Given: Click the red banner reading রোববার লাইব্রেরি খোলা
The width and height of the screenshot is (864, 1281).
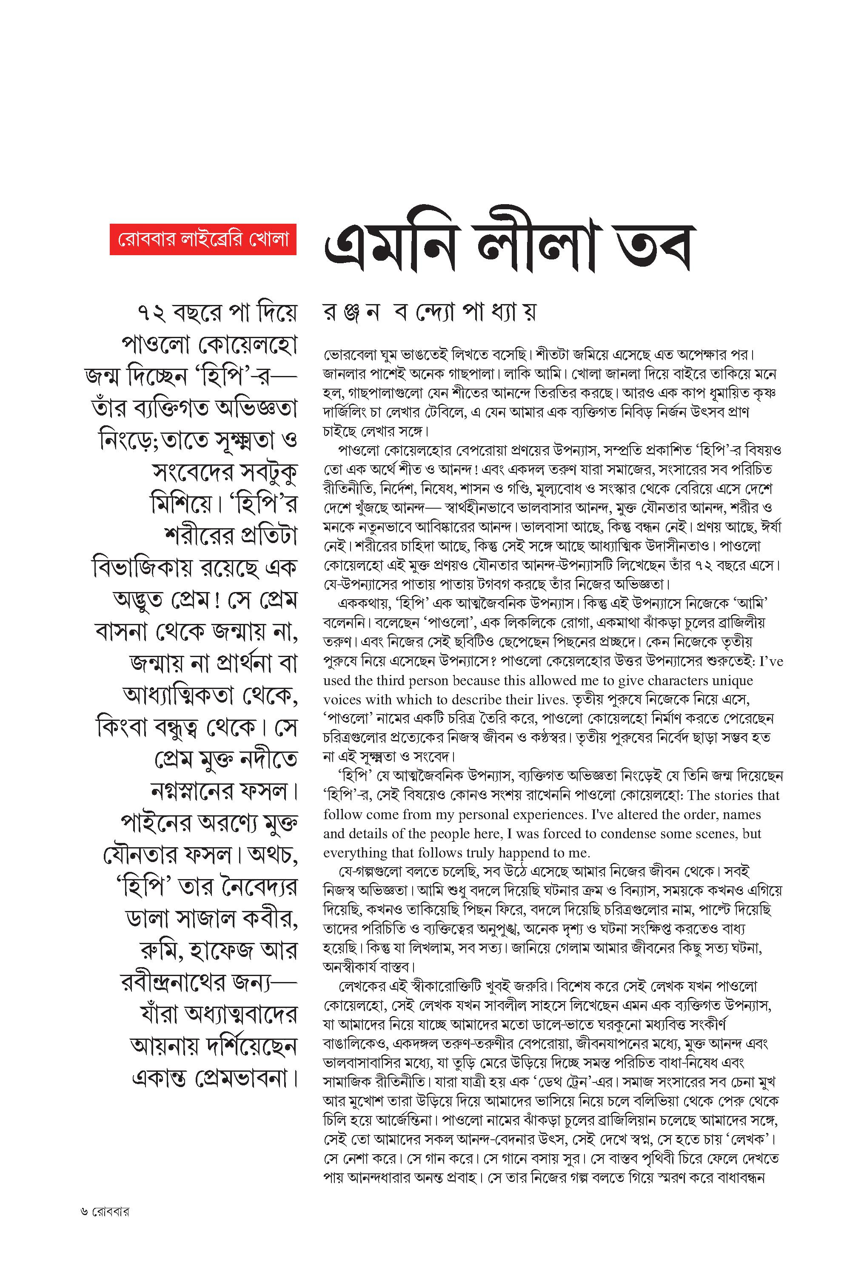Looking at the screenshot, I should [203, 239].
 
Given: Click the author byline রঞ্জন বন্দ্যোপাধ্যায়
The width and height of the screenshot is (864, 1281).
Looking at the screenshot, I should [429, 312].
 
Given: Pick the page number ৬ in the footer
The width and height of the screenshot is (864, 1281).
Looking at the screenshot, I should [84, 1212].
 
